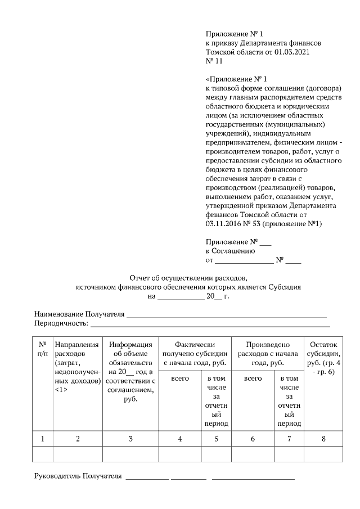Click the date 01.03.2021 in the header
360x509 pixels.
point(291,52)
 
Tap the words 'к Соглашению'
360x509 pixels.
point(230,251)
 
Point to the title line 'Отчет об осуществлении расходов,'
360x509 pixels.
point(188,277)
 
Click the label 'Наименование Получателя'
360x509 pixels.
point(79,314)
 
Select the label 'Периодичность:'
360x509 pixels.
point(61,323)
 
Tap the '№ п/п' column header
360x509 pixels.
point(43,349)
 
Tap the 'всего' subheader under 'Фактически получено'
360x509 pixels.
point(179,379)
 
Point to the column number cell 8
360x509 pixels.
point(323,439)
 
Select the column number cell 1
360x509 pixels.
point(43,439)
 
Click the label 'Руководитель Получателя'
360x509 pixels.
point(78,476)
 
